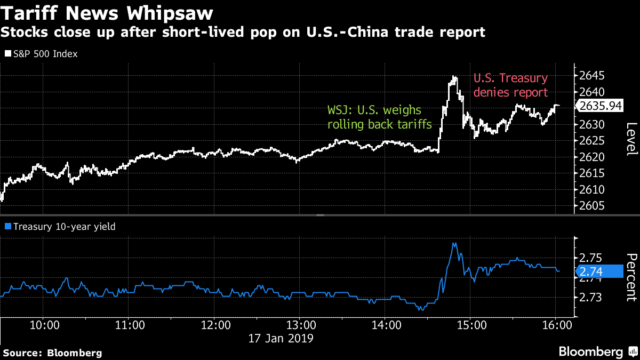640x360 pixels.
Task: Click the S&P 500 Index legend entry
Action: [42, 54]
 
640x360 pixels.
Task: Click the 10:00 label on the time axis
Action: [44, 324]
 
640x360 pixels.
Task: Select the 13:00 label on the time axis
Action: [300, 324]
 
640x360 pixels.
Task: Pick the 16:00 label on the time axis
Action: [556, 324]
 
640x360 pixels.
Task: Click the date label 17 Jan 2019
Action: [282, 338]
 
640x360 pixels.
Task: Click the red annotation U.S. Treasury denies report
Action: [510, 85]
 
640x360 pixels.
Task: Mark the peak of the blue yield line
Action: [454, 244]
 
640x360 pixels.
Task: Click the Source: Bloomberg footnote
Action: [52, 353]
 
